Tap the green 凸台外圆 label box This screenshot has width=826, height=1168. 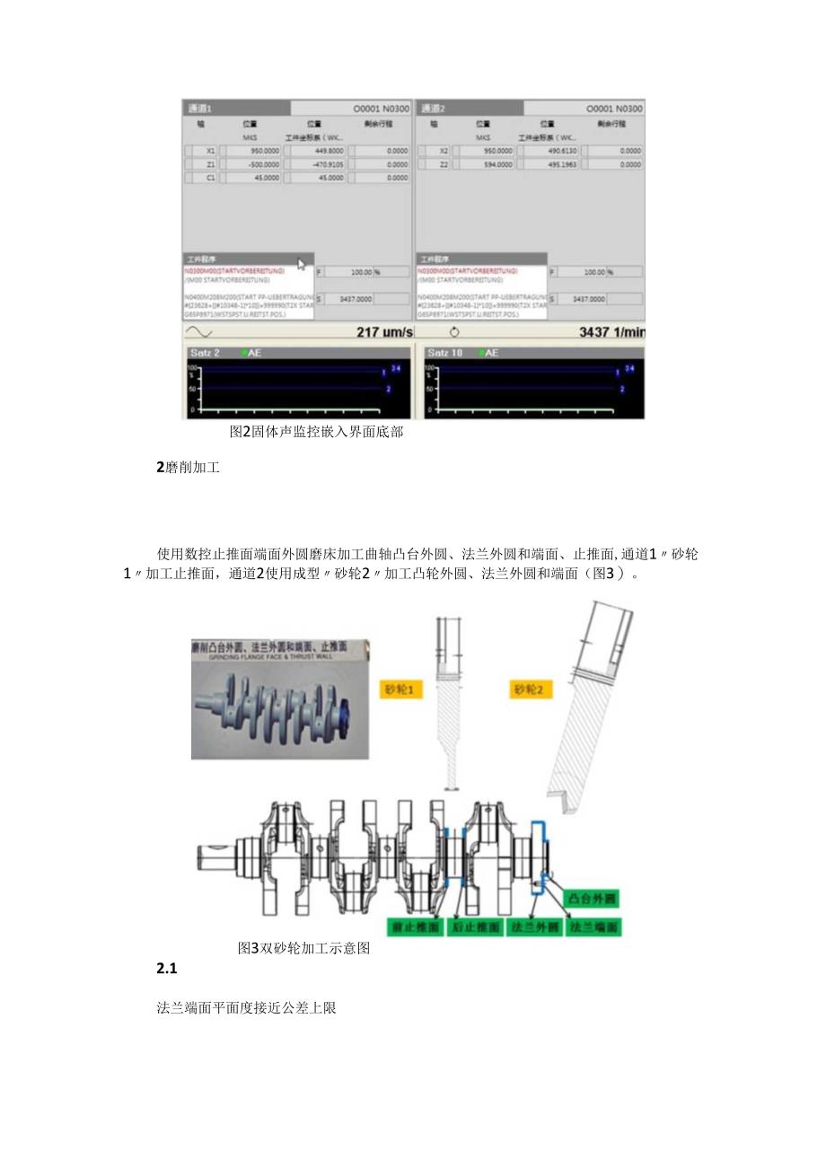click(x=591, y=898)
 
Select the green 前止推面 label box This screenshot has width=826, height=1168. click(x=415, y=926)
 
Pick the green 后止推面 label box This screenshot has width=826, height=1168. click(x=474, y=926)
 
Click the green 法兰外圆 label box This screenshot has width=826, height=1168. click(x=534, y=926)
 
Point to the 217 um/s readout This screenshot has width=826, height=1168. click(x=383, y=332)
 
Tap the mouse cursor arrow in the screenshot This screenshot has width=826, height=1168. click(x=302, y=264)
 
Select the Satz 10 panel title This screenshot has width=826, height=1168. click(x=444, y=353)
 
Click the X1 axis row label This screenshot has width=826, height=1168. click(x=210, y=152)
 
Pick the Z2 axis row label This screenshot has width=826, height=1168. click(x=443, y=165)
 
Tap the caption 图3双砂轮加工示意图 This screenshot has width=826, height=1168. click(x=303, y=947)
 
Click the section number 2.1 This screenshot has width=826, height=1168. click(x=167, y=969)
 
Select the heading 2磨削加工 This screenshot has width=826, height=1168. click(x=188, y=468)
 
